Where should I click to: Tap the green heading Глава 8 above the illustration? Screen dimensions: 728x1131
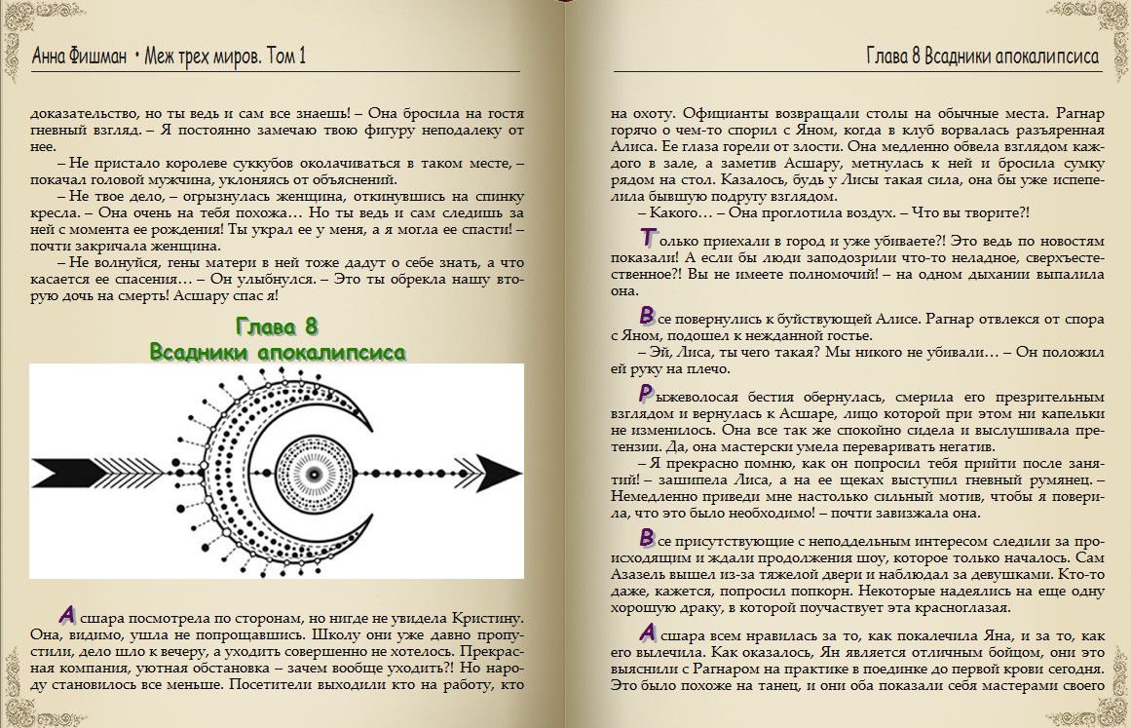point(278,326)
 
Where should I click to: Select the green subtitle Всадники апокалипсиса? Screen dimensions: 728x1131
point(278,351)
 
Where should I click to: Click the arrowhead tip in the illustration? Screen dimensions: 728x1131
point(507,472)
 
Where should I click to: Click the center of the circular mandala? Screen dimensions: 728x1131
point(314,473)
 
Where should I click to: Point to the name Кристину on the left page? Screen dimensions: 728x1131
point(483,618)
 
